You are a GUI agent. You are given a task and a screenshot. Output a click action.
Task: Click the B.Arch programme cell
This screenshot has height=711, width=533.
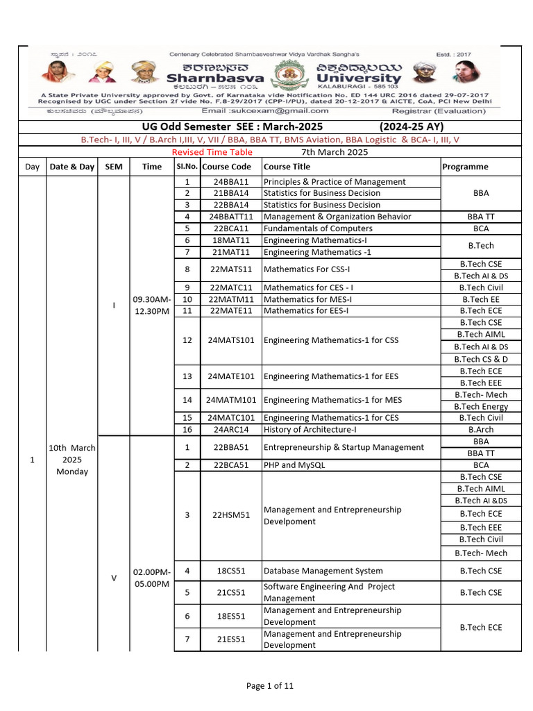pos(480,430)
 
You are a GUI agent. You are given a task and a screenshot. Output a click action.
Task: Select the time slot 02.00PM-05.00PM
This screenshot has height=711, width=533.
pos(151,578)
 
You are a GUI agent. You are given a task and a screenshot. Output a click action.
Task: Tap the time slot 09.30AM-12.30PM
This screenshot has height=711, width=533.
pos(151,305)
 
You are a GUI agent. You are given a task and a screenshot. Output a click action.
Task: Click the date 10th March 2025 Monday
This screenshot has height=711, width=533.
pos(72,460)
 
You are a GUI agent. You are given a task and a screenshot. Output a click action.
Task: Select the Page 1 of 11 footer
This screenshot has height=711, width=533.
pos(270,686)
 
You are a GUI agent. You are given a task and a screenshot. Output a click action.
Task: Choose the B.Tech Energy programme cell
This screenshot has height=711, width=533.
pos(480,406)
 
